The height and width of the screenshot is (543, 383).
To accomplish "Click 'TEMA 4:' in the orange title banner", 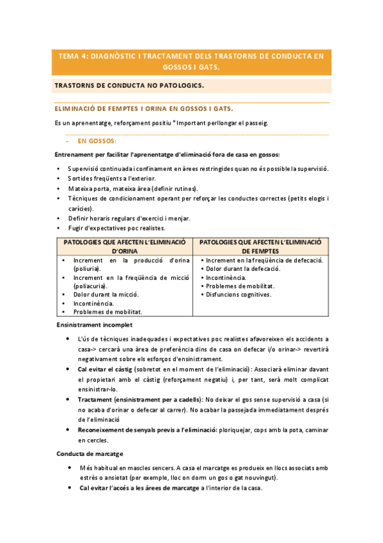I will (73, 56).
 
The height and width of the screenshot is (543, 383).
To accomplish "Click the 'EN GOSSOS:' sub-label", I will (97, 140).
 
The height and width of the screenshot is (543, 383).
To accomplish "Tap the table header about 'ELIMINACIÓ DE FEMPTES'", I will (262, 247).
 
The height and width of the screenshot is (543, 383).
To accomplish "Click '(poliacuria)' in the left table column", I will (91, 286).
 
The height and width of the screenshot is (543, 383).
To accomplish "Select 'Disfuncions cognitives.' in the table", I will (238, 295).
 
